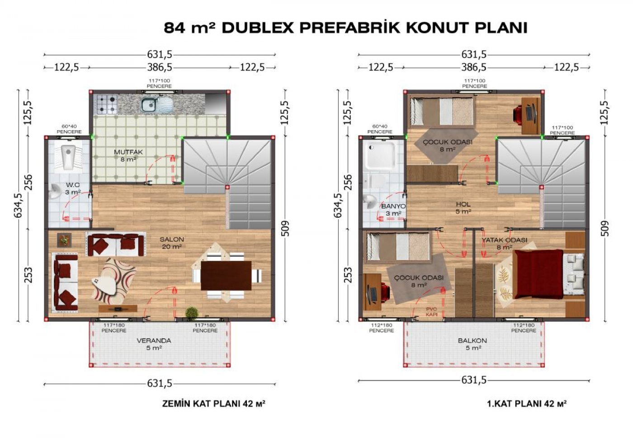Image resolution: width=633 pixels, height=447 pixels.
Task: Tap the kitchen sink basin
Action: point(149,104)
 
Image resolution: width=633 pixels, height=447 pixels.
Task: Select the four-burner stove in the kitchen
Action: point(107,104)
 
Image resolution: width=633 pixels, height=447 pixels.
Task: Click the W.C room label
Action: point(73,185)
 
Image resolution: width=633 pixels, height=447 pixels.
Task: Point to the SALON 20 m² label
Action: point(171,243)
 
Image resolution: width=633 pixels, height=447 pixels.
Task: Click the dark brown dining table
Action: point(226,276)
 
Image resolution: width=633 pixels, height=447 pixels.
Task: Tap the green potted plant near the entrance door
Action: point(192,312)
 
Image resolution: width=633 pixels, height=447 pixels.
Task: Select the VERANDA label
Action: point(154,340)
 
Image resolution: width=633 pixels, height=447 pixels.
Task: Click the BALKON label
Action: point(472,340)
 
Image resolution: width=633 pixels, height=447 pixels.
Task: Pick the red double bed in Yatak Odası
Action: point(539,274)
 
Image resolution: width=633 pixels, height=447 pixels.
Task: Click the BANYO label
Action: point(393,206)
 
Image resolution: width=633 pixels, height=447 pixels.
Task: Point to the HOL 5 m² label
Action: point(463,207)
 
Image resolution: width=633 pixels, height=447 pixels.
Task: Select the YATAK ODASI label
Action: point(504,240)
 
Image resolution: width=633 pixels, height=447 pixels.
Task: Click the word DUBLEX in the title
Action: point(257,28)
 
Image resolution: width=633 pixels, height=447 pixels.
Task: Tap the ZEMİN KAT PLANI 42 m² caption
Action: point(213,404)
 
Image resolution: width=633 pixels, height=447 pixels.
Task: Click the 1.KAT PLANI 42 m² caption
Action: point(526,404)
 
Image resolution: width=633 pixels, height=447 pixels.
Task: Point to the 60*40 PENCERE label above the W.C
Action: point(69,129)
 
